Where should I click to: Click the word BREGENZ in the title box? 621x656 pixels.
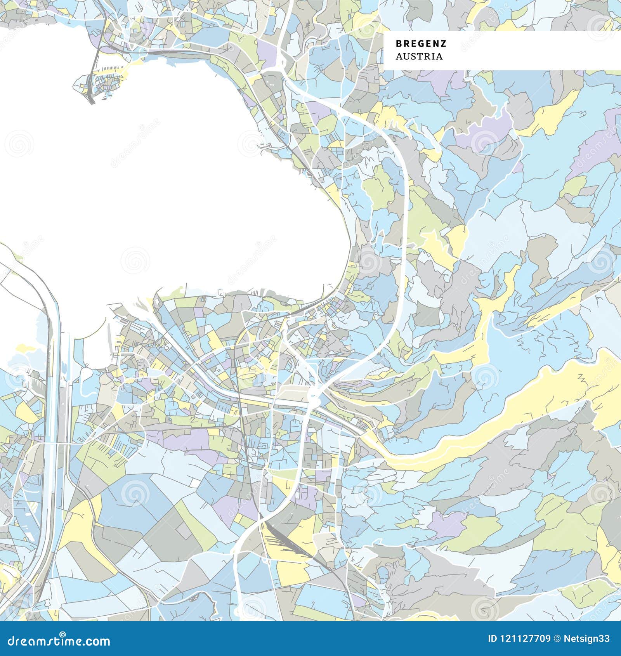tap(421, 43)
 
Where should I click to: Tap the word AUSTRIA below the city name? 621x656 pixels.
tap(419, 57)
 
